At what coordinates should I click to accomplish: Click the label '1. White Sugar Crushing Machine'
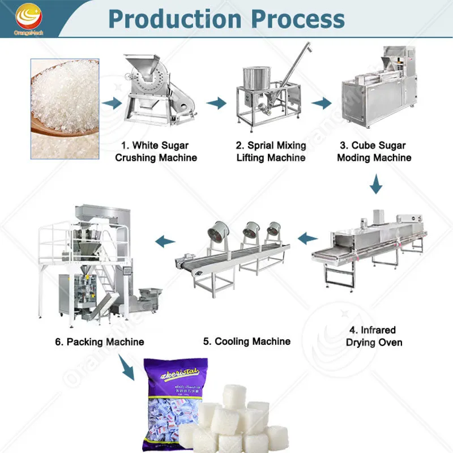(x=156, y=151)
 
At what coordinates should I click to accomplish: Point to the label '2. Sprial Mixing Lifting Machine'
(x=271, y=151)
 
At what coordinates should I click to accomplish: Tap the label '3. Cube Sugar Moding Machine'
(x=374, y=151)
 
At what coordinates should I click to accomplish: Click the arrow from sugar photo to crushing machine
(x=113, y=103)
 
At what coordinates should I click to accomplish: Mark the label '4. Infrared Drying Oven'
(x=374, y=336)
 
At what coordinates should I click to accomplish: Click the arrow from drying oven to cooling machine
(x=307, y=238)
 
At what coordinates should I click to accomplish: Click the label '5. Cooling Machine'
(x=247, y=341)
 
